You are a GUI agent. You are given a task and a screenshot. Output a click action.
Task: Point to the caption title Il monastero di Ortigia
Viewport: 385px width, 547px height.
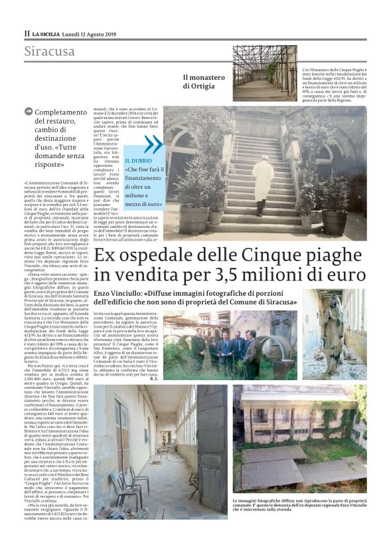tap(204, 81)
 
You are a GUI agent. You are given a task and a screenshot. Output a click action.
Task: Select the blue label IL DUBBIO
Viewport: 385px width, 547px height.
tap(138, 160)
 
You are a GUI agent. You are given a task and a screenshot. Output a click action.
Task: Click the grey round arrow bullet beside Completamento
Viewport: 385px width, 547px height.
tap(27, 112)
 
